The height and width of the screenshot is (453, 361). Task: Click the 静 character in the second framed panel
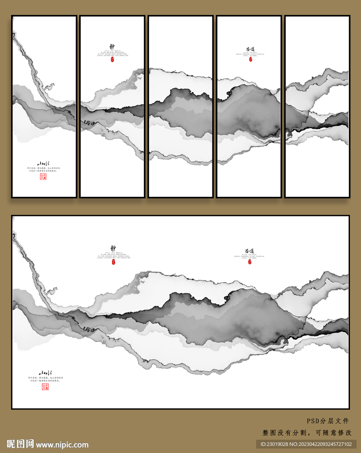click(112, 46)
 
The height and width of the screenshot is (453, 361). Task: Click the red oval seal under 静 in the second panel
click(113, 59)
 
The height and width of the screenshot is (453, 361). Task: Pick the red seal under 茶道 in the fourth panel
click(250, 59)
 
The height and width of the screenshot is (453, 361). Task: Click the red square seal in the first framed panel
click(43, 177)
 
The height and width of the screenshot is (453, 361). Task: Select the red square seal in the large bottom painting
click(45, 387)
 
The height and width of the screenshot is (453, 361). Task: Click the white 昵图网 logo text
click(20, 444)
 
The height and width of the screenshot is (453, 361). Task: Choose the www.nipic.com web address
click(62, 445)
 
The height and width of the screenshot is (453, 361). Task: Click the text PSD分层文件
click(328, 421)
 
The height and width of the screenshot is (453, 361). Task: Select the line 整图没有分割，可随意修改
click(307, 433)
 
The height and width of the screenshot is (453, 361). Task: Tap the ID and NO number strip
click(306, 444)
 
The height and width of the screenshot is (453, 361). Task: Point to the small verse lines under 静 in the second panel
click(113, 54)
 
